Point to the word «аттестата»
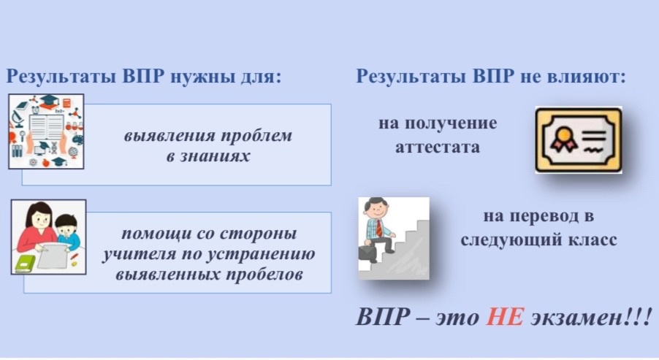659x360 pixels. click(438, 148)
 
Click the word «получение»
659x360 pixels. click(451, 124)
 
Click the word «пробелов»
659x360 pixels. click(264, 275)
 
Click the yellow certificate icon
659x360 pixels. click(579, 140)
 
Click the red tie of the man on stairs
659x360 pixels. click(379, 228)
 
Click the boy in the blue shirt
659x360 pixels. click(68, 233)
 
